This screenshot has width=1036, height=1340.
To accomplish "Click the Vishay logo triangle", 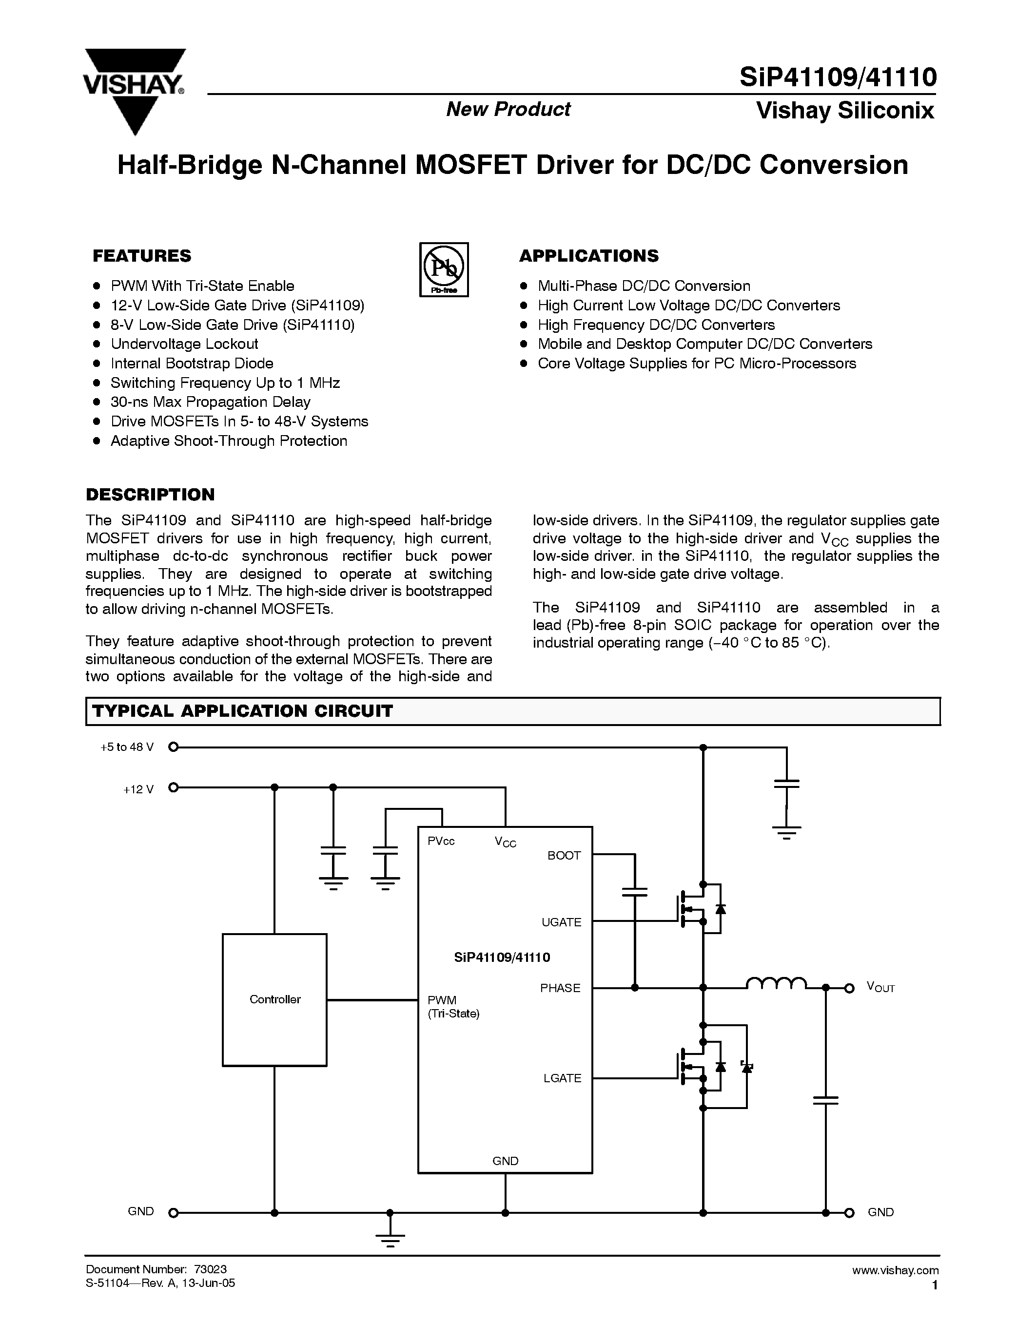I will point(135,92).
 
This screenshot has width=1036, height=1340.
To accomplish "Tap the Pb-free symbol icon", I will point(444,269).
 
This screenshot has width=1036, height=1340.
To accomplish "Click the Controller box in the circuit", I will point(274,999).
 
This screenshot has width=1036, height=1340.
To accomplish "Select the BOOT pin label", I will point(564,855).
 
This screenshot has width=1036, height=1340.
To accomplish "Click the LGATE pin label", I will point(562,1078).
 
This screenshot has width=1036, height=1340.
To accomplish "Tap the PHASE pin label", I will point(560,988).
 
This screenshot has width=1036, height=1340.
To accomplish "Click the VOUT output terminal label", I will point(880,987).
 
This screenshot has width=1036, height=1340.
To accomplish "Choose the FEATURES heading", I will point(142,256).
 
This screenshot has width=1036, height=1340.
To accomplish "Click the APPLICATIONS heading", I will point(588,256).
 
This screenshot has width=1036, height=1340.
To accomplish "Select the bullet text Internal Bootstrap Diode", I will point(192,363).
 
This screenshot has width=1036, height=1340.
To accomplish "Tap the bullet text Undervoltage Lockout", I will point(184,344).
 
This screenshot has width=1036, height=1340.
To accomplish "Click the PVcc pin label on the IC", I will point(441,841).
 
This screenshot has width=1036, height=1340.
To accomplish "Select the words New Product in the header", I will point(508,109).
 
